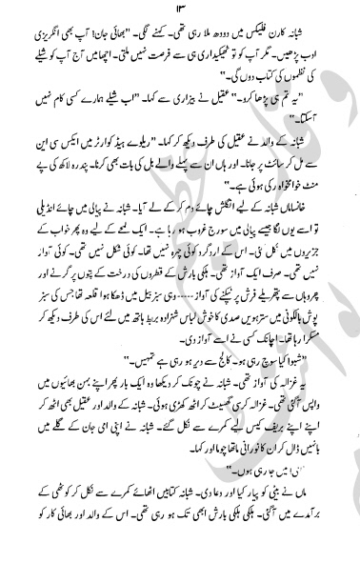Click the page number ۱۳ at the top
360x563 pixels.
[x=181, y=16]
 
